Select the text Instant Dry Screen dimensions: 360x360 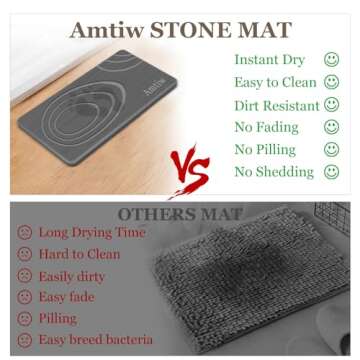(270, 59)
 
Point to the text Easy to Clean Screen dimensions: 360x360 (274, 82)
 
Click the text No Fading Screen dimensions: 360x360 (266, 127)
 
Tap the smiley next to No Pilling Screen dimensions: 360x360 (331, 149)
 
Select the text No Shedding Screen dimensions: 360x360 (273, 172)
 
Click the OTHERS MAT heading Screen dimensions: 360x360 (179, 215)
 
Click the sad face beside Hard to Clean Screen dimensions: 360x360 (25, 254)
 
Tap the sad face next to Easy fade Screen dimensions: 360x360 (25, 297)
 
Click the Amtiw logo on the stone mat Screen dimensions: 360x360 (128, 89)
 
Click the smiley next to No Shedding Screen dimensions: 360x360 (331, 172)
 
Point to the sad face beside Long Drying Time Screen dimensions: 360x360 (25, 233)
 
